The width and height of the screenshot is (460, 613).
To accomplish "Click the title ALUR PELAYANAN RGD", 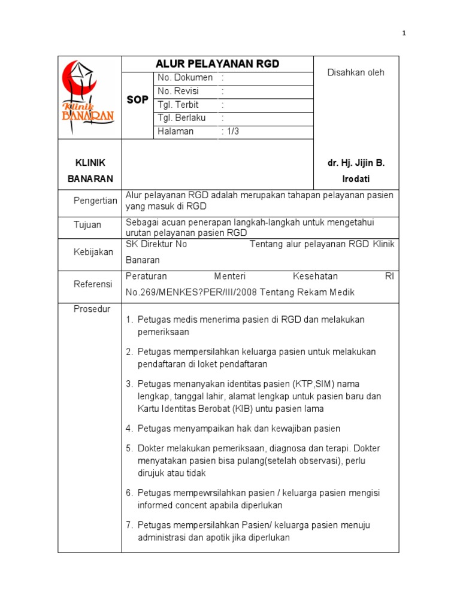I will (x=217, y=64).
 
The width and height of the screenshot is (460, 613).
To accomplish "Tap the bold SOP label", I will (x=137, y=100).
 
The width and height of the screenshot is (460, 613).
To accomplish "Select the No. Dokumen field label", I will (x=184, y=78).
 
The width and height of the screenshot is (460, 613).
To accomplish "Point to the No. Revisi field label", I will (x=178, y=92).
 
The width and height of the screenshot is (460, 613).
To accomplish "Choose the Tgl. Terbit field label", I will (x=178, y=105).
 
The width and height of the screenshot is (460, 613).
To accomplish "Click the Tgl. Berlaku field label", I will (x=181, y=118).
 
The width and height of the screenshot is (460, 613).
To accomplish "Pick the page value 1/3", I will (x=231, y=132).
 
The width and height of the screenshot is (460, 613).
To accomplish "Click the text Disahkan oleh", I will (x=356, y=72).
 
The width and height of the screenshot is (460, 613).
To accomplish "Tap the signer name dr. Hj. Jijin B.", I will (x=356, y=163).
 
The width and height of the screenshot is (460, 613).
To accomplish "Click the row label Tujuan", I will (x=87, y=225).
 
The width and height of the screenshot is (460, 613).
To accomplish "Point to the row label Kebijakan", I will (x=93, y=252).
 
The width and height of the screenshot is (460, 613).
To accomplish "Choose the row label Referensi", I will (x=93, y=284).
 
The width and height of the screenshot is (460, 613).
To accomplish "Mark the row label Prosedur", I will (x=92, y=309).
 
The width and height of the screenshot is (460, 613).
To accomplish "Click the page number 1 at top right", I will (x=404, y=34).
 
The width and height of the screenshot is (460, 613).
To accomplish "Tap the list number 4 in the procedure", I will (x=129, y=429).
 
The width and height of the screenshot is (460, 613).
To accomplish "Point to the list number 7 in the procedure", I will (x=129, y=526).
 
